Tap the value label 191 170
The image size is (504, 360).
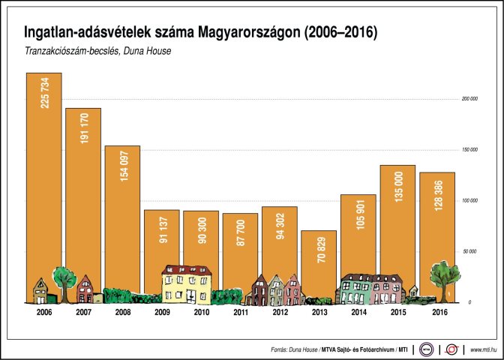coord(84,128)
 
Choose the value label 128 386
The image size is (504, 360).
coord(436,192)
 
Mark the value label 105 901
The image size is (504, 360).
coord(358,214)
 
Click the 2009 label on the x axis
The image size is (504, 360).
coord(162,312)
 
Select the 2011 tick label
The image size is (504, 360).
coord(240,312)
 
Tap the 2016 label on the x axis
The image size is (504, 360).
coord(436,312)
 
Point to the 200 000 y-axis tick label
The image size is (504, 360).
coord(469,99)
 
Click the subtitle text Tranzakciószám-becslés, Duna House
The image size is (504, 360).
coord(98,52)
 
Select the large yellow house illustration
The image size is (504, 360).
coord(187,284)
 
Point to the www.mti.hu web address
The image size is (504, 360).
coord(483,349)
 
